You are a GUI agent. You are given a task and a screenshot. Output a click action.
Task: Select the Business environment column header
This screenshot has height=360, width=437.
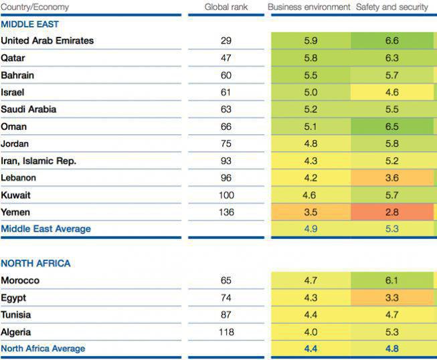309,7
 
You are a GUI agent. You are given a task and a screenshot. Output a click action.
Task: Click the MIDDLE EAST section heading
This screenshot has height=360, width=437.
29,24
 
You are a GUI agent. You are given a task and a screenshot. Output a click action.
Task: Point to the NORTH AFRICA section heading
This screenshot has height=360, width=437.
35,264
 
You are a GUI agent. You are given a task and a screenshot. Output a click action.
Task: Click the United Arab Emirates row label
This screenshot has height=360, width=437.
48,41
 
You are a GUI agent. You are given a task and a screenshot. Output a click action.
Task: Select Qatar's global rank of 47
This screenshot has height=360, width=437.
226,58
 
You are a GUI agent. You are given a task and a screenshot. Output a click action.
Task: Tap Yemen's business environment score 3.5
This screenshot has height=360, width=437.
311,212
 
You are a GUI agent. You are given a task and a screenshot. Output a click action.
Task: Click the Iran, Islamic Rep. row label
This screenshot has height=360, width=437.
39,161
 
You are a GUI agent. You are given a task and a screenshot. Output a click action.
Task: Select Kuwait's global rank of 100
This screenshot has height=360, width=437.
226,195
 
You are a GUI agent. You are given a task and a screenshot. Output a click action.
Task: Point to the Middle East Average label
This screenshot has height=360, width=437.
46,229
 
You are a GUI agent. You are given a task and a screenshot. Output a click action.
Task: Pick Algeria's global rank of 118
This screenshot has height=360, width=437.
226,332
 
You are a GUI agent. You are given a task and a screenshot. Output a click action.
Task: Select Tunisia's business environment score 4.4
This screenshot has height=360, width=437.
311,315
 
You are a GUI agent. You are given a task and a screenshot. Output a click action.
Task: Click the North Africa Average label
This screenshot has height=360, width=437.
43,349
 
